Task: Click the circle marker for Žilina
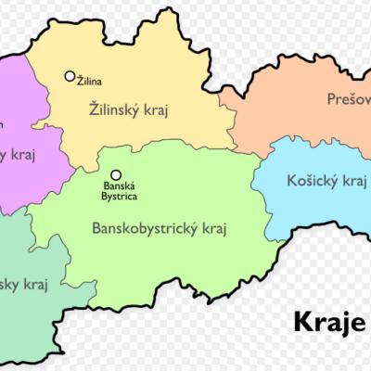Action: tap(70, 76)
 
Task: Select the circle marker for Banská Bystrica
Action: tap(116, 174)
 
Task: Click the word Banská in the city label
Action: tap(119, 185)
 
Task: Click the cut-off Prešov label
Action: tap(348, 98)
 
